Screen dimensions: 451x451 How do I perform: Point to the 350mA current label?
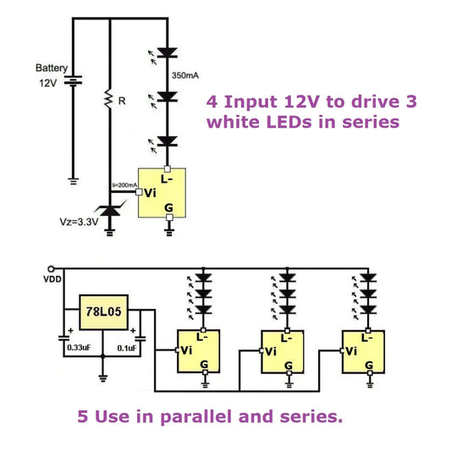click(186, 75)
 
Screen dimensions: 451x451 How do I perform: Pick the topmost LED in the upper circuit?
click(169, 53)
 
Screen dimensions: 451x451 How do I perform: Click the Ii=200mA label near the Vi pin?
click(125, 184)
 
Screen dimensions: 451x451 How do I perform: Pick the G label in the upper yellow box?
click(168, 206)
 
